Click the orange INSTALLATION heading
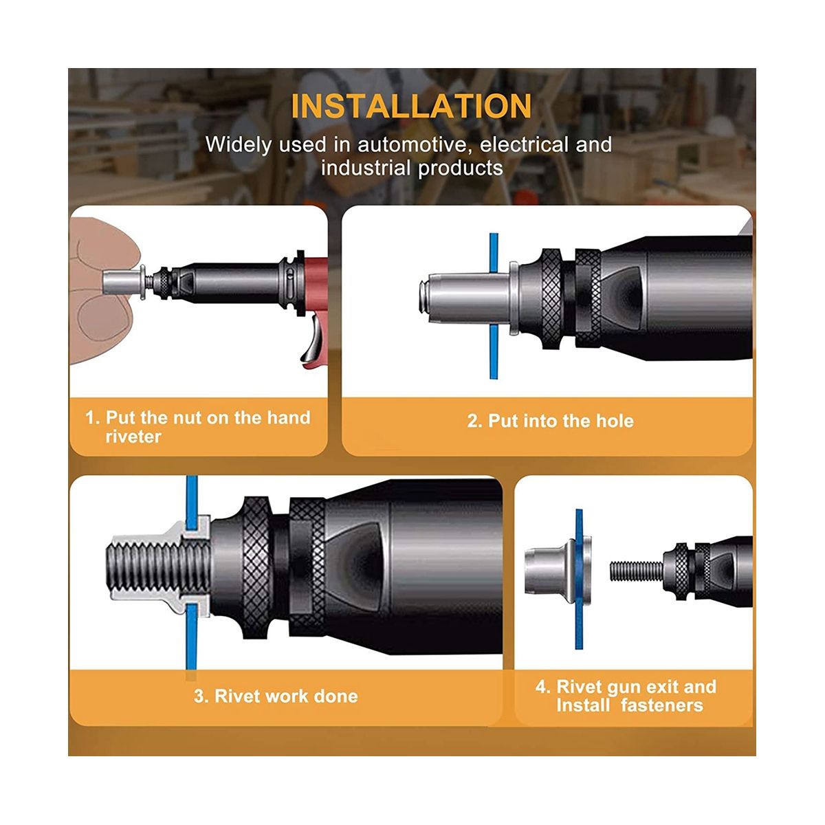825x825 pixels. [x=411, y=106]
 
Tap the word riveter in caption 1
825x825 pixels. [x=133, y=437]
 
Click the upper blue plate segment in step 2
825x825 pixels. [x=494, y=252]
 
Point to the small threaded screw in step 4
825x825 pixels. [x=636, y=571]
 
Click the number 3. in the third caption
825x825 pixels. [x=201, y=696]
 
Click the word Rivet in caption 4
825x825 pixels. [x=577, y=687]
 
